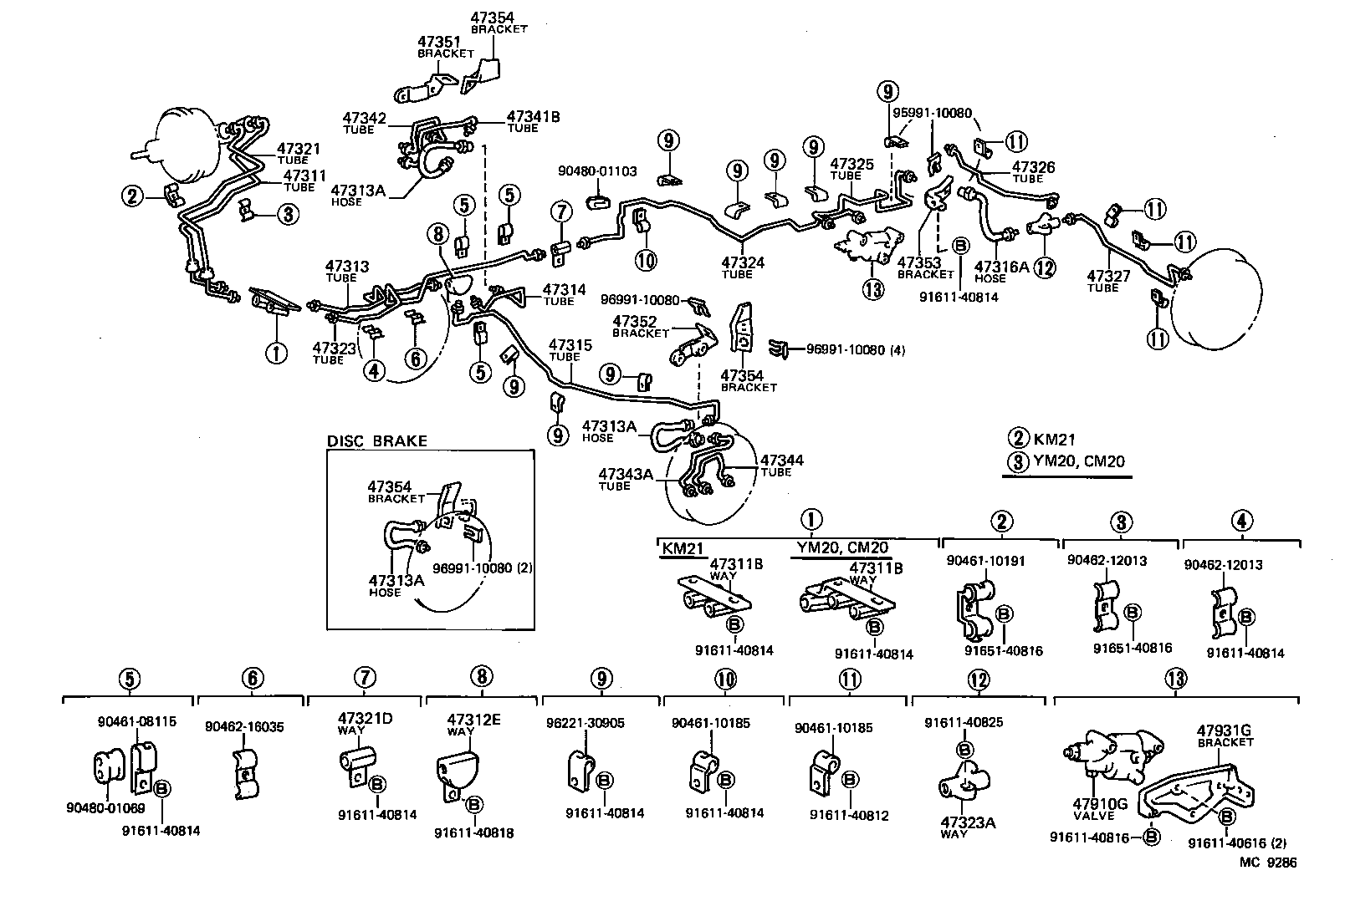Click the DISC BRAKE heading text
point(376,441)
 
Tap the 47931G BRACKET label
point(1225,736)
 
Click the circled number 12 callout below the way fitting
point(1045,267)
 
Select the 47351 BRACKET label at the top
point(445,45)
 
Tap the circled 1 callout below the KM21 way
point(275,353)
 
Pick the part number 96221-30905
point(596,723)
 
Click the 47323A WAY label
point(968,827)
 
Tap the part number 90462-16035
point(244,727)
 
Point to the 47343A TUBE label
point(625,479)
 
